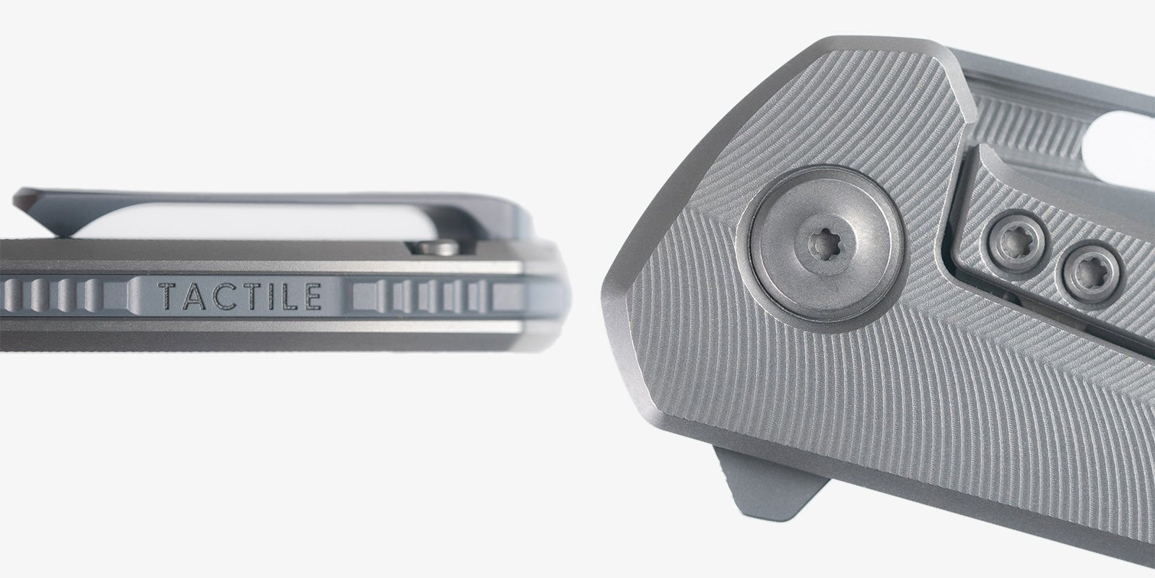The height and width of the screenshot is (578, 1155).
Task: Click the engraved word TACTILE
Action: [x=241, y=296]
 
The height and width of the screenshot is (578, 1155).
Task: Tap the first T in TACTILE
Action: [x=168, y=296]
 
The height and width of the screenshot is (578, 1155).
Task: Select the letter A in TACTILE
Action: [x=194, y=296]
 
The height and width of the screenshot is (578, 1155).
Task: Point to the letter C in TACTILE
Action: [x=222, y=296]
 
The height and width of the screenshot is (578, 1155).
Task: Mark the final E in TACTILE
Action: [x=313, y=296]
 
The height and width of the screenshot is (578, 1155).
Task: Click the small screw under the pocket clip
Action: [x=437, y=248]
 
